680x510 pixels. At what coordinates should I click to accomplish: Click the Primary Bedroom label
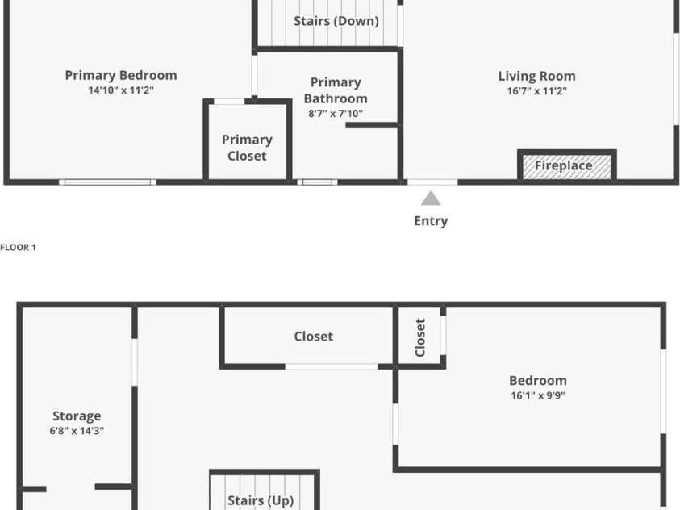pos(121,76)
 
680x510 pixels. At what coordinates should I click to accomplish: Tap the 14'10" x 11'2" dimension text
pos(121,90)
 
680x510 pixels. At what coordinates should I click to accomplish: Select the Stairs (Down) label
pos(336,21)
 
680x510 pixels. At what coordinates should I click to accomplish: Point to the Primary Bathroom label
pos(336,90)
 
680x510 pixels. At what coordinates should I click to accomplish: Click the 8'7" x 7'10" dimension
pos(336,114)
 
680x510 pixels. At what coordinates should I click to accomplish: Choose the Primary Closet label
pos(247,148)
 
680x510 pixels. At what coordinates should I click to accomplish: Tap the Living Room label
pos(537,77)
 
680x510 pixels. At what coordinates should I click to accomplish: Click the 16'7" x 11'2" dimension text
pos(537,91)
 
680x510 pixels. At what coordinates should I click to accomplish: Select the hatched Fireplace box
pos(567,165)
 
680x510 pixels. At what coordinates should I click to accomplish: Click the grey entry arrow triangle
pos(431,199)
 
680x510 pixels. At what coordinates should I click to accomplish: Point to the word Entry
pos(431,221)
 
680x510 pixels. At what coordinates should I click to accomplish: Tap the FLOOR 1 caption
pos(19,247)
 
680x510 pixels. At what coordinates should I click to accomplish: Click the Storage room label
pos(77,416)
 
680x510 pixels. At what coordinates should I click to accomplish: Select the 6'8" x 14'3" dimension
pos(77,431)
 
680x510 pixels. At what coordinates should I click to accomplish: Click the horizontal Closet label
pos(314,336)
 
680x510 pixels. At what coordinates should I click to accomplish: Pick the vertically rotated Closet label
pos(420,337)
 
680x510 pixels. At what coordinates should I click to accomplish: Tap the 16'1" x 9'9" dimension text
pos(538,395)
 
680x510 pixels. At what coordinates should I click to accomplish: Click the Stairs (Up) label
pos(261,500)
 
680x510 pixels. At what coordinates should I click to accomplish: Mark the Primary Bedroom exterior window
pos(107,182)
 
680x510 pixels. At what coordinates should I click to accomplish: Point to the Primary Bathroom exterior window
pos(318,182)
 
